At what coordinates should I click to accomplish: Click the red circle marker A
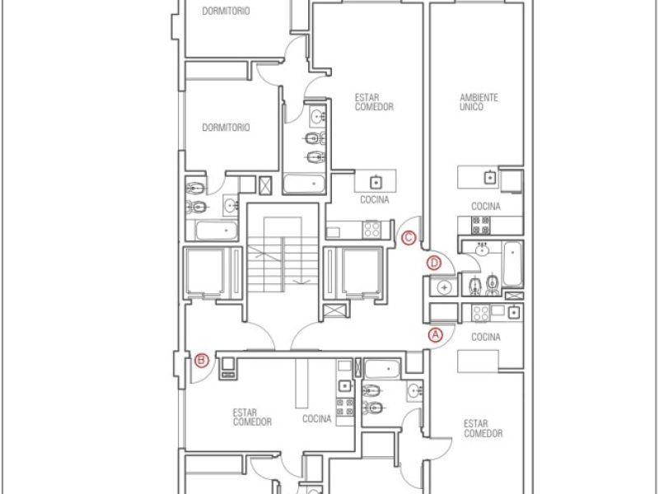[x=436, y=335]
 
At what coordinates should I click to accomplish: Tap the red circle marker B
[x=202, y=361]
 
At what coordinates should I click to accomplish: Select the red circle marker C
[x=409, y=238]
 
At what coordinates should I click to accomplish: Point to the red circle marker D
[x=434, y=263]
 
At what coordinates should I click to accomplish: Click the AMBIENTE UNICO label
[x=479, y=102]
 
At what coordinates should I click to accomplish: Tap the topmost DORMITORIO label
[x=226, y=12]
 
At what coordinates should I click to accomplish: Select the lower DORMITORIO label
[x=226, y=128]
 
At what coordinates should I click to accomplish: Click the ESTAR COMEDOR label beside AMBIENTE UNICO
[x=374, y=102]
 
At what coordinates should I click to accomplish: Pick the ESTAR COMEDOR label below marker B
[x=252, y=417]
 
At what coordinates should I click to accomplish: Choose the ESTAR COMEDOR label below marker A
[x=483, y=428]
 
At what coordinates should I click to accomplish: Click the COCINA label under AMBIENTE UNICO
[x=486, y=207]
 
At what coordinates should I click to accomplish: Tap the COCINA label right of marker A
[x=486, y=337]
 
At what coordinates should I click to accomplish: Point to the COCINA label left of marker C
[x=375, y=199]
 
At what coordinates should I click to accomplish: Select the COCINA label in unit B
[x=317, y=418]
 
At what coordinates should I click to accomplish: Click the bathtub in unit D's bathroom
[x=512, y=263]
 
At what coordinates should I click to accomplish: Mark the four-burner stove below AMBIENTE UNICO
[x=480, y=225]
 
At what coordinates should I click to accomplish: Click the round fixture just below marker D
[x=444, y=287]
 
